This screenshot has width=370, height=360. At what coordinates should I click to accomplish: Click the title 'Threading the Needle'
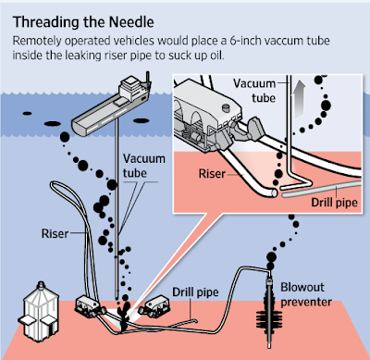[x=83, y=22]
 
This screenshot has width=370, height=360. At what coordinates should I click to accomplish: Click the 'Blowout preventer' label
[x=306, y=294]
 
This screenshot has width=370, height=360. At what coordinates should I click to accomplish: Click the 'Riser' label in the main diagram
[x=55, y=233]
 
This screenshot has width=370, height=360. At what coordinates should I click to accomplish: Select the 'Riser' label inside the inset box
[x=212, y=174]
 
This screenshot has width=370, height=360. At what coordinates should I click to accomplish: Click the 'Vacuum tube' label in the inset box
[x=254, y=91]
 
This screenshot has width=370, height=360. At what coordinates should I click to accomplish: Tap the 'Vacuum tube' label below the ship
[x=144, y=166]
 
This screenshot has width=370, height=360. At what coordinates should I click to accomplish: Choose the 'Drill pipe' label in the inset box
[x=334, y=203]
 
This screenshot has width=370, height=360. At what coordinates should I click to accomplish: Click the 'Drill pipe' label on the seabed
[x=195, y=292]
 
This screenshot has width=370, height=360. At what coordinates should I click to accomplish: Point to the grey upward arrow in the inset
[x=300, y=99]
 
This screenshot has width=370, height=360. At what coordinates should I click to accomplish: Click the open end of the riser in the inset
[x=274, y=193]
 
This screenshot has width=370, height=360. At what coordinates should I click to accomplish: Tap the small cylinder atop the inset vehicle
[x=227, y=108]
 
